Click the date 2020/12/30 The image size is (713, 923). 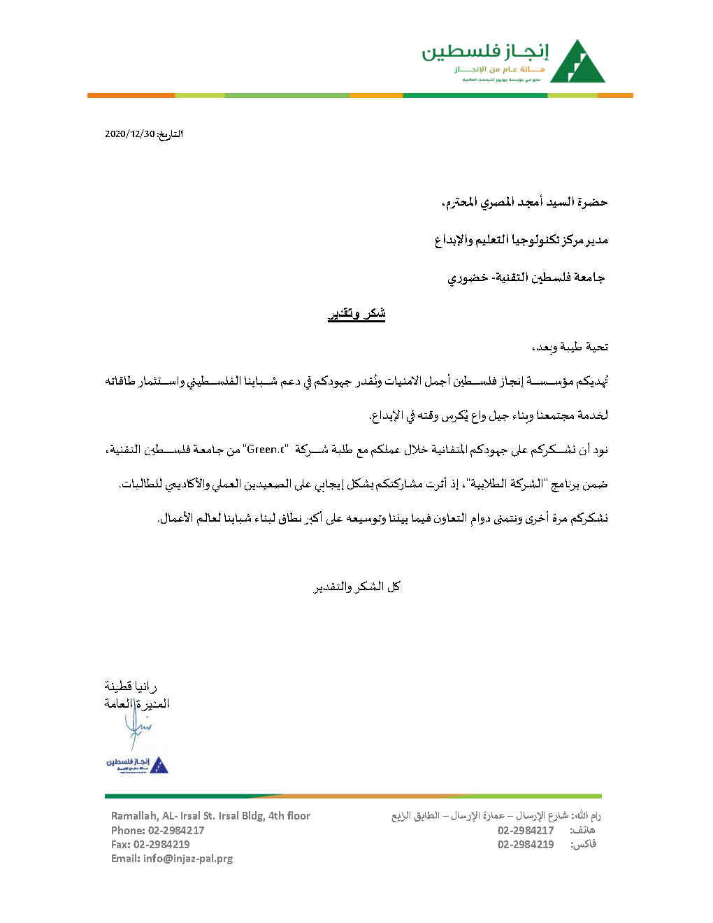(129, 134)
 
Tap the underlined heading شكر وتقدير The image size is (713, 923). (356, 314)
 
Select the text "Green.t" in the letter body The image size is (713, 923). (265, 450)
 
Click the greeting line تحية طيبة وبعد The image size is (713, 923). (569, 347)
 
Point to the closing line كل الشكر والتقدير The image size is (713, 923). (356, 587)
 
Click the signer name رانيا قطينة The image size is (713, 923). (131, 687)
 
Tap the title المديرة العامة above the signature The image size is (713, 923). (137, 703)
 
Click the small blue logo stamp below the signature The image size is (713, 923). (137, 764)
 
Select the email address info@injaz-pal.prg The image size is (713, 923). (188, 858)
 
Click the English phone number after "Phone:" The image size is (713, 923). (176, 830)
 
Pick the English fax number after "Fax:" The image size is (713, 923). (161, 844)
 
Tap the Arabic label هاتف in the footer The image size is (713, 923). (583, 830)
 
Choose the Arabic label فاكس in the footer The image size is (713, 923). (584, 844)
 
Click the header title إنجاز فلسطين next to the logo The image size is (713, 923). (485, 51)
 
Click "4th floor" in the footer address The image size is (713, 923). (289, 815)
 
